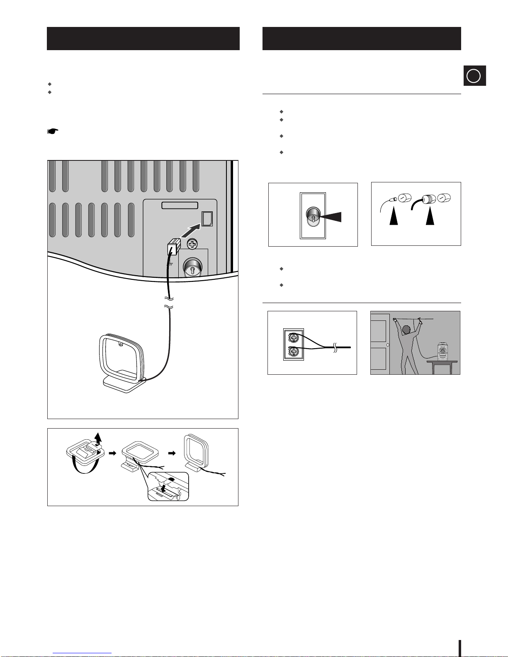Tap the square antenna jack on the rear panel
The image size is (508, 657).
click(207, 218)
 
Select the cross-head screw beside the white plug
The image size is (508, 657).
click(192, 245)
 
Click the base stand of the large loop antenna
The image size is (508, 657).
click(124, 383)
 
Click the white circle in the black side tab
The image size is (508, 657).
click(474, 76)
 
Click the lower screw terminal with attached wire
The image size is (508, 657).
click(294, 352)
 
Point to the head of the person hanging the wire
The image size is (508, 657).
click(406, 330)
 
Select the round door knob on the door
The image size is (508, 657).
click(387, 344)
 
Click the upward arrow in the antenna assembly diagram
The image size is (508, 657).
click(98, 438)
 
